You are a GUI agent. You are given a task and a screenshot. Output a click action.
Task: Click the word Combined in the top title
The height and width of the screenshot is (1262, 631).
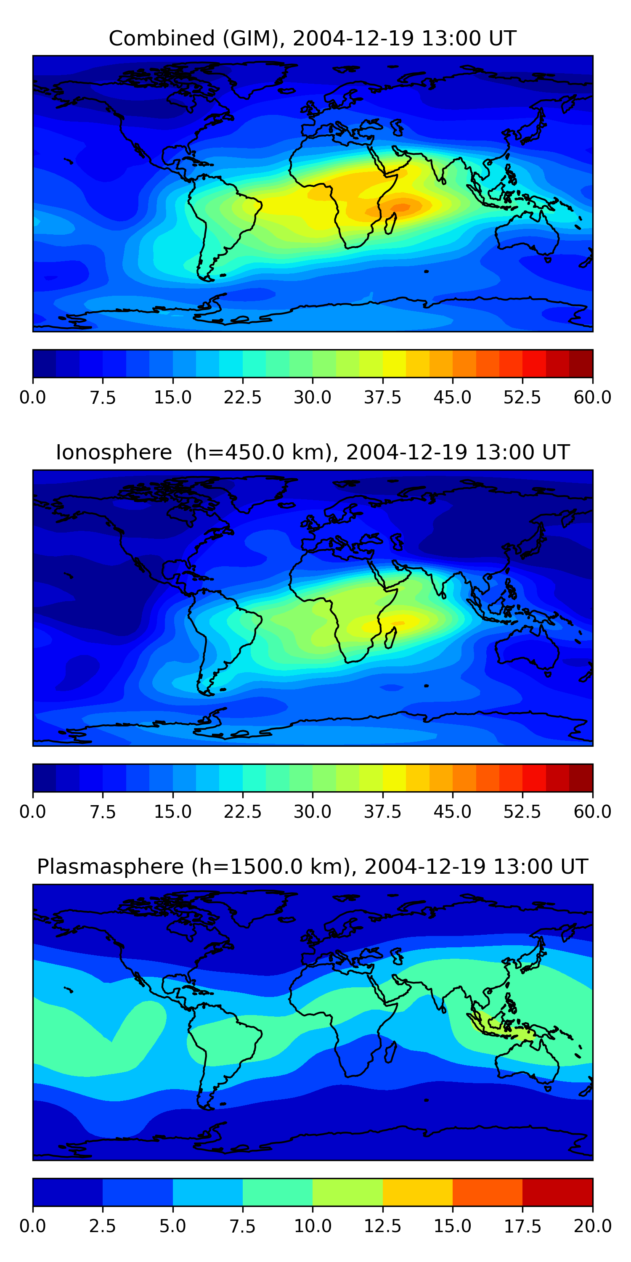(162, 38)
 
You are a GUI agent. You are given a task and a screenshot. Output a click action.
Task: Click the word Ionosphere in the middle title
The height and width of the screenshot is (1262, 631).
(114, 452)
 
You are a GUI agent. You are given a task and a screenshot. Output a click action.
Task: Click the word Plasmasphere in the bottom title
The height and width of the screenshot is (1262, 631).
(110, 867)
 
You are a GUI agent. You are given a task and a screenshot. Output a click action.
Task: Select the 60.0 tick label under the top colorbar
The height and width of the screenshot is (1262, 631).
(592, 397)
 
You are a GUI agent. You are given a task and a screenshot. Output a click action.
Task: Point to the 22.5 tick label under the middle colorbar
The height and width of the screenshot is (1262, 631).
(242, 812)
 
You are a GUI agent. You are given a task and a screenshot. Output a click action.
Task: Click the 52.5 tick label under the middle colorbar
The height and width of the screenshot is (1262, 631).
(522, 812)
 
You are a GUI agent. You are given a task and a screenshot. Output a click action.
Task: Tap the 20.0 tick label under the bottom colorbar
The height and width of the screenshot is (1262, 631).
(592, 1226)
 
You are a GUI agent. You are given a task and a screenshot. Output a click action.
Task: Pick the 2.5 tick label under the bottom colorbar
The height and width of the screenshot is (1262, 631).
(102, 1226)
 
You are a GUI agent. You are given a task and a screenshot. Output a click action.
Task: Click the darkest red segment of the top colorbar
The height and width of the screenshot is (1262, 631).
(581, 363)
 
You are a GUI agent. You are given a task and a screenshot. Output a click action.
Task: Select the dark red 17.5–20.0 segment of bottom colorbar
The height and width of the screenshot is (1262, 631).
(557, 1192)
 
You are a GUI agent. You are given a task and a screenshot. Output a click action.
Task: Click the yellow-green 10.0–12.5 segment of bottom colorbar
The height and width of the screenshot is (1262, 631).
(347, 1192)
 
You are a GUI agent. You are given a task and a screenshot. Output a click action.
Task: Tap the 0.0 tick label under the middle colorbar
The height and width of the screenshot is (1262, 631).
(32, 812)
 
